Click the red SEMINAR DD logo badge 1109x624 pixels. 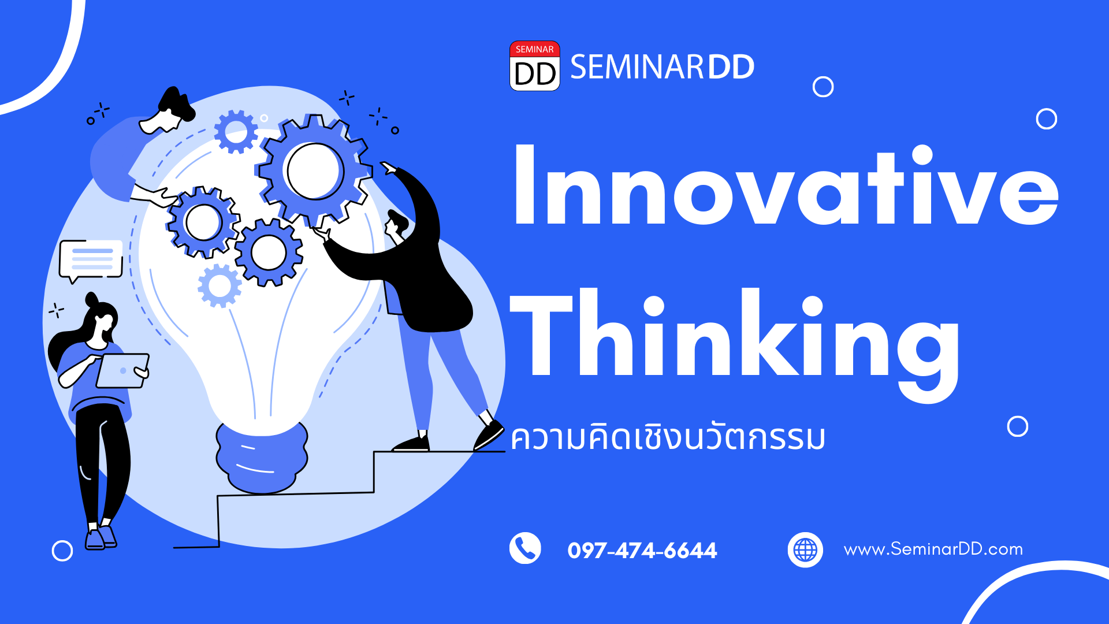(534, 66)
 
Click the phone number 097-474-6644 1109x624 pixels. (642, 550)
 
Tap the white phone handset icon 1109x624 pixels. (525, 548)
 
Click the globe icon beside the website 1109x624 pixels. (805, 549)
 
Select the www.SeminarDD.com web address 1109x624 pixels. (933, 549)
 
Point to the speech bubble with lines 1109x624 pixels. (91, 260)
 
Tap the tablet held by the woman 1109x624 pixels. (122, 370)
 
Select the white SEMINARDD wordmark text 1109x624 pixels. (662, 67)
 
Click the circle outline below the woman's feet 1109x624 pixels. (62, 551)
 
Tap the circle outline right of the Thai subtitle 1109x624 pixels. (1018, 426)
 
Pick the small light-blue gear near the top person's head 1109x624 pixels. (236, 132)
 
